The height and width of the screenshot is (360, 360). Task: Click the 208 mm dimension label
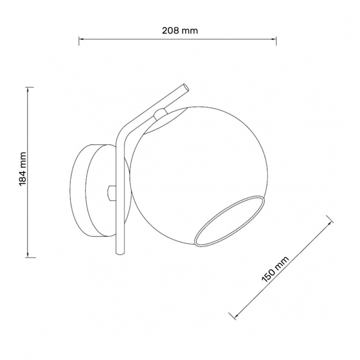point(180,31)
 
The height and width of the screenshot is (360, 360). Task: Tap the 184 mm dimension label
point(23,169)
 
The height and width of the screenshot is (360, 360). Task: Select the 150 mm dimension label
point(275,269)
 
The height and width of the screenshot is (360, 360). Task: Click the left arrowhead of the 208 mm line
point(80,39)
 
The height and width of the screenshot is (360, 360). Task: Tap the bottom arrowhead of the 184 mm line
point(28,255)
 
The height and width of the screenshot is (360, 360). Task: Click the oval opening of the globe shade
point(229,221)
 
